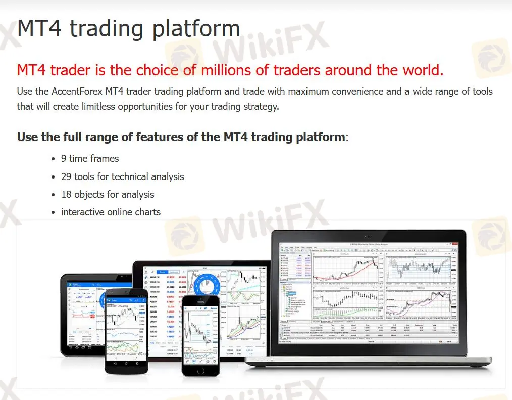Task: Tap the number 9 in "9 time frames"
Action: (x=64, y=158)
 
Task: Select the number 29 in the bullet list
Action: (x=66, y=176)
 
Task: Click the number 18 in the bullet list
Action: (x=66, y=194)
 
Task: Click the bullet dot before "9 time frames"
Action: (x=54, y=159)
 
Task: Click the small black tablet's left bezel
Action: (x=65, y=314)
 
